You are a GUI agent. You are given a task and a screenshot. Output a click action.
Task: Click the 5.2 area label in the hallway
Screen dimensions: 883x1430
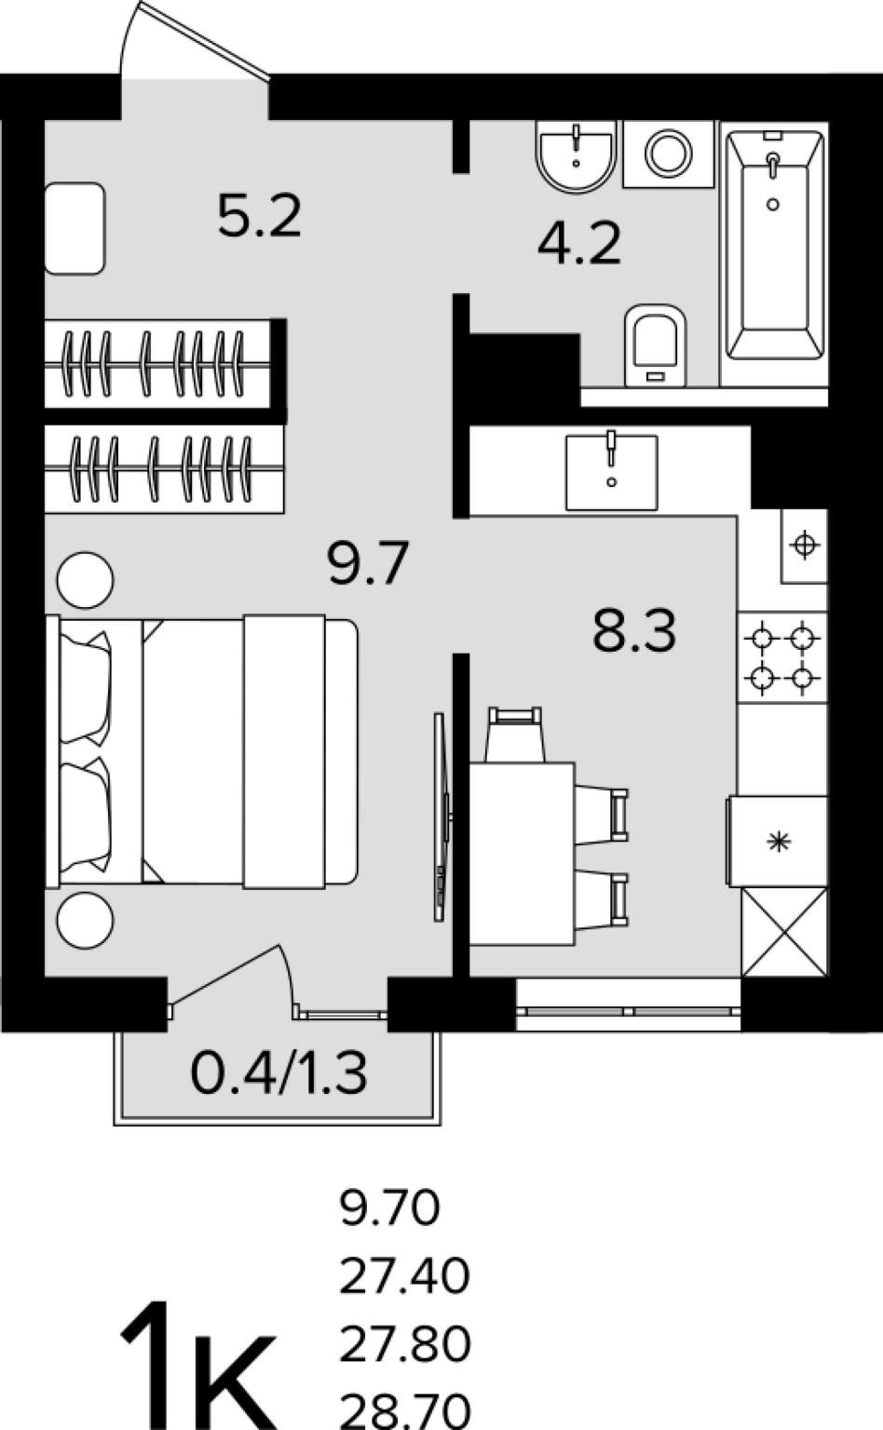[260, 216]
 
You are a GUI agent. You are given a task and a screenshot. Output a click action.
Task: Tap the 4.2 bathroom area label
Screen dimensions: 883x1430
[579, 243]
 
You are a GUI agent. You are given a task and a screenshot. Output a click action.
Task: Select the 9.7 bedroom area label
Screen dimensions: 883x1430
[367, 563]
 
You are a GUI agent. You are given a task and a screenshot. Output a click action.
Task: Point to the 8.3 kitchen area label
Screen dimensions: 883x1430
[633, 630]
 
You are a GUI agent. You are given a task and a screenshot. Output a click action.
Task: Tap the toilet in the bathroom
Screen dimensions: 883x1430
[655, 345]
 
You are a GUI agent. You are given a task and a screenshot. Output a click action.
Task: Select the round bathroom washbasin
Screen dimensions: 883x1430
[577, 157]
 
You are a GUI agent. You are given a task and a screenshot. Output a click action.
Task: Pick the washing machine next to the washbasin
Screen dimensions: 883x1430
[669, 154]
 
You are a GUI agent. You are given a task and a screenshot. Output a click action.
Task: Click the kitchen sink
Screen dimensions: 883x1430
[611, 471]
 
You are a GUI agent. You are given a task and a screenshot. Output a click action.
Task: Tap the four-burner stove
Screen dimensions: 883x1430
[782, 658]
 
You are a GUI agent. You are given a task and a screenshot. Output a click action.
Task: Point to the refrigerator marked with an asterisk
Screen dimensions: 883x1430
[778, 841]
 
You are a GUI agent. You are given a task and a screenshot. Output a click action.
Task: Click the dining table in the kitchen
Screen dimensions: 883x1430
[522, 854]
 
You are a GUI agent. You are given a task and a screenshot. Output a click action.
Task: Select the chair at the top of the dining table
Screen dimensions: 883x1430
[515, 735]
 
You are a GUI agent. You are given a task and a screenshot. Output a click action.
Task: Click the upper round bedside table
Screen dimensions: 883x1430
[85, 580]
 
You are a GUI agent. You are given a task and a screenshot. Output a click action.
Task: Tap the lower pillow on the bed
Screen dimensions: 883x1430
[86, 816]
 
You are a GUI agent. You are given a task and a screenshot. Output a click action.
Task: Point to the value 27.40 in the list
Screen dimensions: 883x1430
[404, 1276]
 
